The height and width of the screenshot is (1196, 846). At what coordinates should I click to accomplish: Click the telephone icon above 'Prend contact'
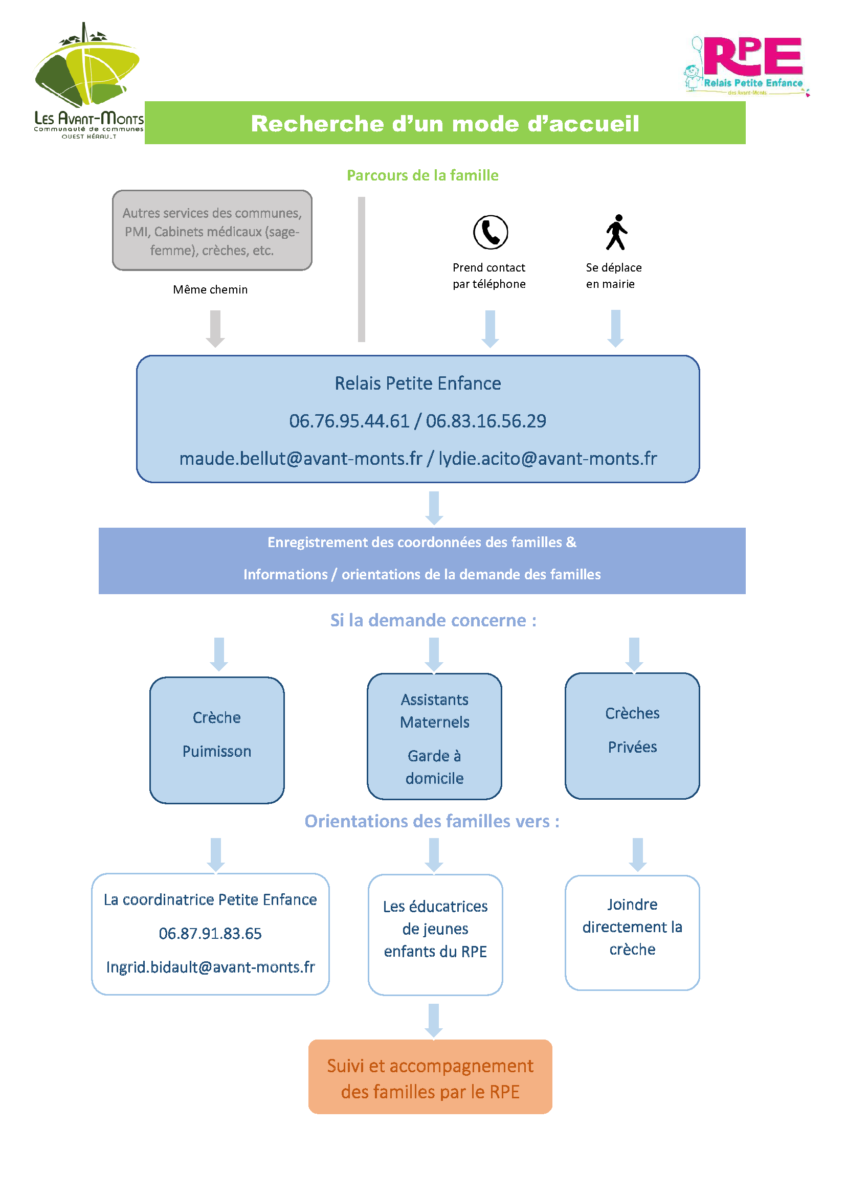tap(490, 232)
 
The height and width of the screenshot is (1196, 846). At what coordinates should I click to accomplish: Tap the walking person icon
tap(616, 232)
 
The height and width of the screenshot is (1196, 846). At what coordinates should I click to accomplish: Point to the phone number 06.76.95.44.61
tap(349, 421)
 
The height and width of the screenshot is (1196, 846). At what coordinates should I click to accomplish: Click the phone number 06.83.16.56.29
tap(486, 421)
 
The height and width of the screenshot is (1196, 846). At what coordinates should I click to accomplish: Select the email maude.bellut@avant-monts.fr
tap(301, 458)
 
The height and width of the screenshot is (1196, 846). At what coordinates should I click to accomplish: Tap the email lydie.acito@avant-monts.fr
tap(547, 458)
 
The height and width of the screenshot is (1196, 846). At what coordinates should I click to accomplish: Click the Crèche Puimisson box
tap(217, 740)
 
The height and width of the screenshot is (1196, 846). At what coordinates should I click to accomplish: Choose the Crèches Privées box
tap(632, 735)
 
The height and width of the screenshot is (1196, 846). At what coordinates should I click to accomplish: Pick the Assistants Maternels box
tap(434, 736)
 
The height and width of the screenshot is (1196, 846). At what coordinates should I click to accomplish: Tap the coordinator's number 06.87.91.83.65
tap(210, 934)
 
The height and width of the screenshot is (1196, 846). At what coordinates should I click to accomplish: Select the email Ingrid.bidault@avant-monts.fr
tap(210, 967)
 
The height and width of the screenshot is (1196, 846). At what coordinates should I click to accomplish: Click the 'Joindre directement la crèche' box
tap(632, 933)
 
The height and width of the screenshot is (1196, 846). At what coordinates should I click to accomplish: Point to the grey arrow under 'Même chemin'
tap(215, 329)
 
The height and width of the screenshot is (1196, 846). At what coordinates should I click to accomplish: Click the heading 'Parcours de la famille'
tap(422, 175)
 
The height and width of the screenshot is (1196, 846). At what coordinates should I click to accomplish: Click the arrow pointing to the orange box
tap(434, 1021)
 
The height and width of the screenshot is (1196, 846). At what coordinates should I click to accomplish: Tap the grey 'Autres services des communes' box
tap(212, 230)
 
